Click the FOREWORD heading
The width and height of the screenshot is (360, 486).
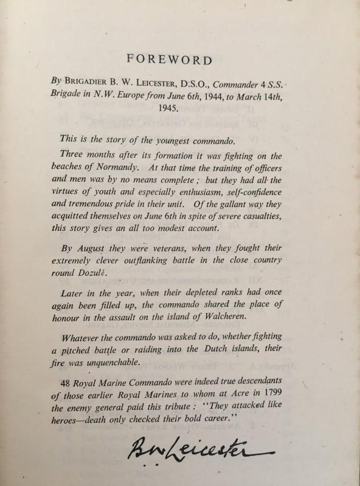[x=169, y=60]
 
